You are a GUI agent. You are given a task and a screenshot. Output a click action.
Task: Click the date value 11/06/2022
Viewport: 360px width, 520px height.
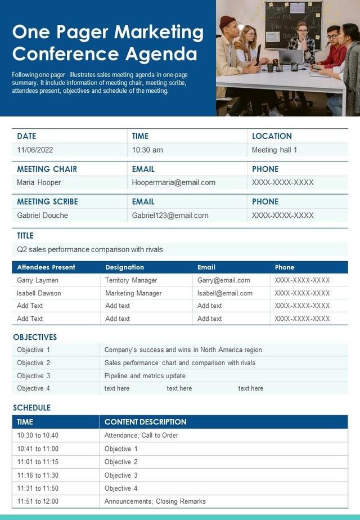coord(35,150)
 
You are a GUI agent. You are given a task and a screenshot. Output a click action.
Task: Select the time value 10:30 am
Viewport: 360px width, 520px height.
coord(147,150)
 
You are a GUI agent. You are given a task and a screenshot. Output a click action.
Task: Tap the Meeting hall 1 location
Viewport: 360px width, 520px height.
coord(274,150)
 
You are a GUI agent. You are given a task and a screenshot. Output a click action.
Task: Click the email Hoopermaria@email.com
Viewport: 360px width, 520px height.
coord(174,182)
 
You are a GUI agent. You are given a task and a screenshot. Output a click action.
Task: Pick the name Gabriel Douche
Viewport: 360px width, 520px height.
coord(42,216)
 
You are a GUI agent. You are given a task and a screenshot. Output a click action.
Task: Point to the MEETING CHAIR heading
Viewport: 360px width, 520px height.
coord(47,169)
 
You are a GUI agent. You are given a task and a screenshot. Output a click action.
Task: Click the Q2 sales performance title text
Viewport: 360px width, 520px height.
coord(90,249)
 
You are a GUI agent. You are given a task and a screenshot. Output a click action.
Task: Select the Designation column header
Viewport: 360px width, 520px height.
coord(124,267)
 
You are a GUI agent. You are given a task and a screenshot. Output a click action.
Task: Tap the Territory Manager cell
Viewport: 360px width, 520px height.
coord(131,280)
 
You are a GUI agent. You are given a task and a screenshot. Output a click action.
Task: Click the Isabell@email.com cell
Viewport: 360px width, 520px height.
coord(224,293)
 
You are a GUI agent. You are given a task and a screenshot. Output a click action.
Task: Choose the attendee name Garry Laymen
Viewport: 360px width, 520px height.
coord(38,280)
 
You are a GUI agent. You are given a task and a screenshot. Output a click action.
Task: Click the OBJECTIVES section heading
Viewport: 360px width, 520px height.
coord(35,337)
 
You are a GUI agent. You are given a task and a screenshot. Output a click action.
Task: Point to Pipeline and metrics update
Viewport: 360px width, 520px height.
coord(145,376)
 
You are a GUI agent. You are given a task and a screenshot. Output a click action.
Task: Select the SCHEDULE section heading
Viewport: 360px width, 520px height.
coord(31,407)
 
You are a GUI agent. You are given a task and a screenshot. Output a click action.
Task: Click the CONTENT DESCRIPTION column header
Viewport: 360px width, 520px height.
coord(145,422)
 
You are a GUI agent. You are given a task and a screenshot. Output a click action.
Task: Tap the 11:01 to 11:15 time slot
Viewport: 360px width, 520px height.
coord(38,462)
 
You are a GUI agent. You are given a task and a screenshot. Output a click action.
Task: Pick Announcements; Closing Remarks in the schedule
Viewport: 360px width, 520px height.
coord(155,501)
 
